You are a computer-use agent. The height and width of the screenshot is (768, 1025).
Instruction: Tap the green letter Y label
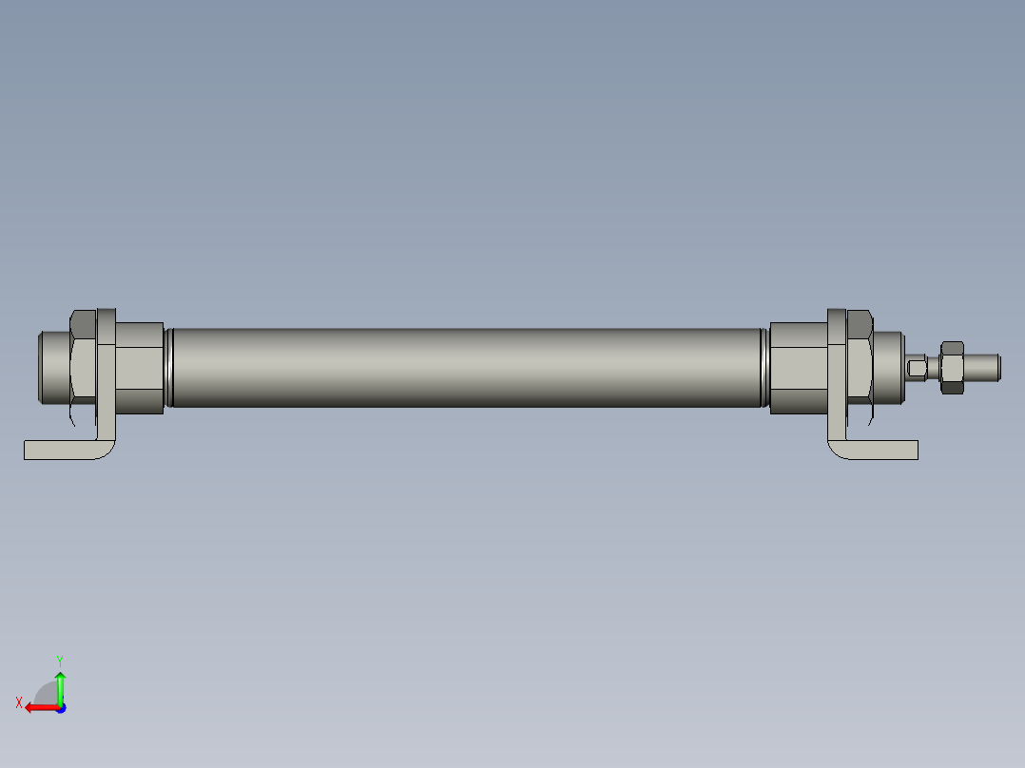pos(59,660)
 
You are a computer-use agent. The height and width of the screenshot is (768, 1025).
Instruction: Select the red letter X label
pos(19,703)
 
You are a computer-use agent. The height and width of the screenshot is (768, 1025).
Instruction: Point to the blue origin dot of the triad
pos(60,707)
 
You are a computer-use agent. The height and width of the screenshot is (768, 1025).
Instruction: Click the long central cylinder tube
pos(466,368)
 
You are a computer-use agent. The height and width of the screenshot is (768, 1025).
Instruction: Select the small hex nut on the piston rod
pos(952,366)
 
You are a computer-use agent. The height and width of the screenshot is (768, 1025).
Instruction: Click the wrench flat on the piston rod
pos(917,367)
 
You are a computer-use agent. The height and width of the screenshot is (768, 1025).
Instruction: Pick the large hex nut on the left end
pos(84,366)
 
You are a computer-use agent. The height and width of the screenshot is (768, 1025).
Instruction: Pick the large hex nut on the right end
pos(860,366)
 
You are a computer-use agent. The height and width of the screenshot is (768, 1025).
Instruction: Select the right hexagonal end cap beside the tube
pos(797,368)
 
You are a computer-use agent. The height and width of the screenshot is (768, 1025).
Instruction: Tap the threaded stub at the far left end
pos(52,366)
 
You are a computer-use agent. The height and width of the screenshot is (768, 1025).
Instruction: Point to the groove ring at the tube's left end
pos(169,368)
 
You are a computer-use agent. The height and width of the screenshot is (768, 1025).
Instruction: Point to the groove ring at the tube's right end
pos(764,368)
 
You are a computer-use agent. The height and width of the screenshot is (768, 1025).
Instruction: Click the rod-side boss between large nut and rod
pos(888,366)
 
